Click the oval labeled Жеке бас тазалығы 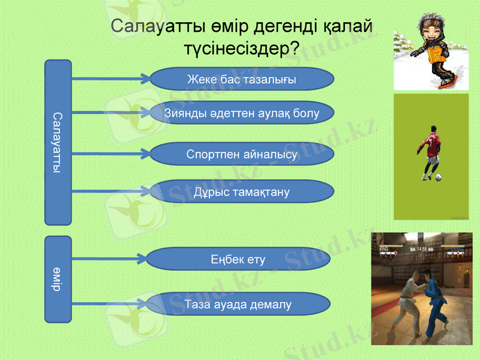click(241, 79)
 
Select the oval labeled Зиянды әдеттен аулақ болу click(241, 113)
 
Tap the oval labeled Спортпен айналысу click(241, 154)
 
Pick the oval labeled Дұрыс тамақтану click(241, 192)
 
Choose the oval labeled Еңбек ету click(238, 259)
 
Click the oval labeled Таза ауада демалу click(238, 304)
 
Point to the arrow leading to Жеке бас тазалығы click(111, 79)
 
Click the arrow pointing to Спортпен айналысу click(111, 154)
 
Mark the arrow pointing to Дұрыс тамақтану click(111, 191)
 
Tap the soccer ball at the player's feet click(439, 177)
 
